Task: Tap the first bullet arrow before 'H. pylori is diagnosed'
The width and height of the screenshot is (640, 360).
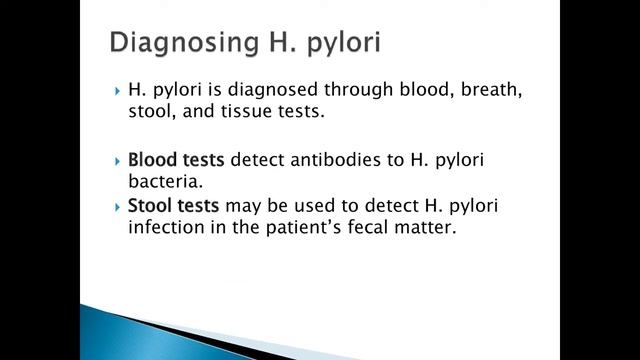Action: tap(118, 91)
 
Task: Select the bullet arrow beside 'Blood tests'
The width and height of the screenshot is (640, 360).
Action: tap(118, 160)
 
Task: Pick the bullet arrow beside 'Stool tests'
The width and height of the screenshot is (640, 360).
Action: tap(118, 205)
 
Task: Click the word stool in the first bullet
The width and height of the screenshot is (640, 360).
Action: tap(149, 113)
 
